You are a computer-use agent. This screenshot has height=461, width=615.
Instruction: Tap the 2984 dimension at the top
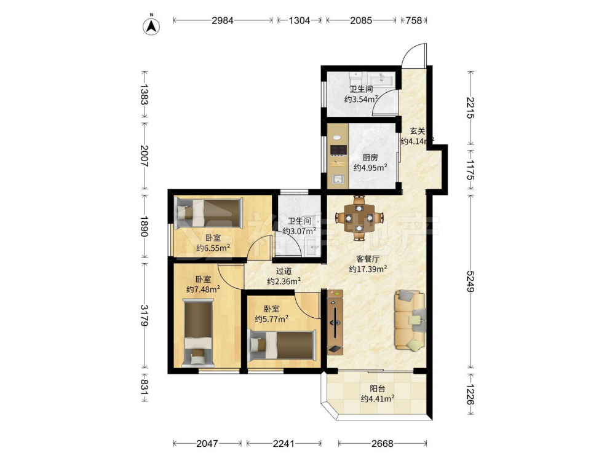pos(223,20)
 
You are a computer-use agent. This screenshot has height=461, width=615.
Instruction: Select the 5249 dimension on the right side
pos(470,281)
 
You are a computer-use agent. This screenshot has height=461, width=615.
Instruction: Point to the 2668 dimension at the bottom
pos(383,443)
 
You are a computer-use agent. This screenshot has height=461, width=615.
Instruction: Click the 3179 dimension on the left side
pos(145,315)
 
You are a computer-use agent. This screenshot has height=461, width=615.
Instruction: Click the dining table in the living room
pos(359,218)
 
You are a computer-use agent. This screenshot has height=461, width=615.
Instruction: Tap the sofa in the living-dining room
pos(410,320)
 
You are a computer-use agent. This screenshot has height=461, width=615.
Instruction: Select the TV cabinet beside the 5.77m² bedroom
pos(335,322)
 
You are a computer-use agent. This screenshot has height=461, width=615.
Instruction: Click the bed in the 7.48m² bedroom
pos(199,333)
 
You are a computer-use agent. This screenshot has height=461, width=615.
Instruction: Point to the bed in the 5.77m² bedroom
pos(282,345)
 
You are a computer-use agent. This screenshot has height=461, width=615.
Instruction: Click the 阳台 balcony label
pos(378,389)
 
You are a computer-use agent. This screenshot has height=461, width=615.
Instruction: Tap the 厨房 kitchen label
pos(370,157)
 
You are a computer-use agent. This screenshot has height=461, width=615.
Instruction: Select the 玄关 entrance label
pos(418,132)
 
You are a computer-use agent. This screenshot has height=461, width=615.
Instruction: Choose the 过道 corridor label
pos(284,271)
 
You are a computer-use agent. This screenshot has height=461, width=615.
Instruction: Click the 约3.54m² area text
pos(361,99)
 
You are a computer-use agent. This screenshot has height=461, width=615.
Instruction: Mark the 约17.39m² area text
pos(368,269)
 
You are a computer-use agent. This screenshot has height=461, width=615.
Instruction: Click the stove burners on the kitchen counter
pos(338,150)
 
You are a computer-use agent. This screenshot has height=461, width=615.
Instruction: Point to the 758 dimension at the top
pos(414,20)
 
